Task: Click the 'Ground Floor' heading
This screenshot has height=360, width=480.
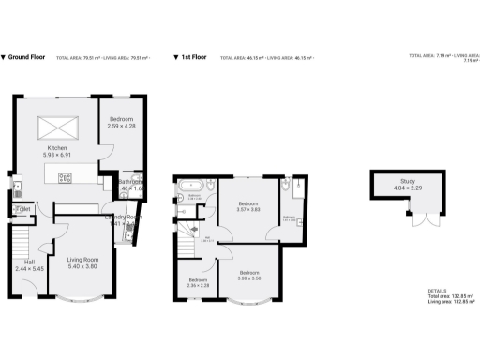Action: coord(27,57)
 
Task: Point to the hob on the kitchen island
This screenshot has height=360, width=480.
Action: coord(65,176)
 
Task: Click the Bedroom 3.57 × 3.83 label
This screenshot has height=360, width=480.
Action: coord(248,207)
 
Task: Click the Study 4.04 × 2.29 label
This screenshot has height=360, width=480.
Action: coord(407,184)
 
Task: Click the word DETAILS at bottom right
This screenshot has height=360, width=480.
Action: coord(437,291)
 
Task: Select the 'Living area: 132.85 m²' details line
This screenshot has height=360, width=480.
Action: coord(451,302)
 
